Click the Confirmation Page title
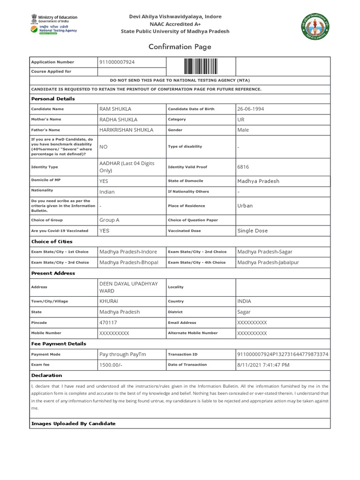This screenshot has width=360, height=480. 180,47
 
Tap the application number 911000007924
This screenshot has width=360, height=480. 117,62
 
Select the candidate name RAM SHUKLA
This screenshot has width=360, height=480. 115,109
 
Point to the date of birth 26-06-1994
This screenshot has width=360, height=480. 251,109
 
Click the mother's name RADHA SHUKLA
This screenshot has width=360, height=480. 119,120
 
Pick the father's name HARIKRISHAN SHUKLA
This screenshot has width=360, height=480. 127,130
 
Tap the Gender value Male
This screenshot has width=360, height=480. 243,130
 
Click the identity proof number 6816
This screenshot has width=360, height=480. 243,167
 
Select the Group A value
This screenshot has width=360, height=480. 109,220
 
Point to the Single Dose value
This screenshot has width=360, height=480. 253,231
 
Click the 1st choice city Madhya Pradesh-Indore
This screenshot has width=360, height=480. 128,252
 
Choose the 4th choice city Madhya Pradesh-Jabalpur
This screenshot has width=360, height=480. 268,262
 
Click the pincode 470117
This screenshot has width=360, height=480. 108,322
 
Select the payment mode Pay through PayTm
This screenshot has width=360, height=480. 123,354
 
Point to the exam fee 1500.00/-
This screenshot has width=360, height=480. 111,365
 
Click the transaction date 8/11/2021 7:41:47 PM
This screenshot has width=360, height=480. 263,365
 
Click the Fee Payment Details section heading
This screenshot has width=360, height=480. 59,344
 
